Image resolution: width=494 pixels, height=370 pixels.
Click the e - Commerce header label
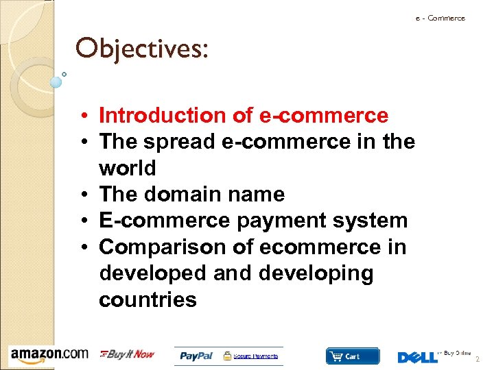[440, 18]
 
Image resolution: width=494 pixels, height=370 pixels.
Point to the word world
[128, 168]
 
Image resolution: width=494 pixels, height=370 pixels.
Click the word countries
[148, 299]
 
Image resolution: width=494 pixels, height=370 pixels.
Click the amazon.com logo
[49, 354]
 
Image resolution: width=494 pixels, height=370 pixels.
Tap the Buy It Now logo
[128, 354]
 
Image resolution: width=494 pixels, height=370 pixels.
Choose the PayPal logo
[196, 356]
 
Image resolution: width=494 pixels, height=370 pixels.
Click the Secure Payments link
[256, 356]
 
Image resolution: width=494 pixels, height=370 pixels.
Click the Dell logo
[417, 357]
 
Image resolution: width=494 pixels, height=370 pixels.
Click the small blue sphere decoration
[56, 82]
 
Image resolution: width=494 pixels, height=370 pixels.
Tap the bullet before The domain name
[89, 195]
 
